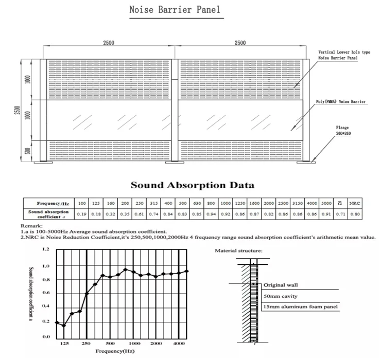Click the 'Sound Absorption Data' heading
(x=192, y=185)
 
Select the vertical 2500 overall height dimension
(x=16, y=111)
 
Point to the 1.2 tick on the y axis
(x=45, y=249)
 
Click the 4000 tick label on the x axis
(x=179, y=343)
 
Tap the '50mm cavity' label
(x=281, y=296)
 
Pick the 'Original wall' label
(x=281, y=284)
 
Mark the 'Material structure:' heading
(x=239, y=250)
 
